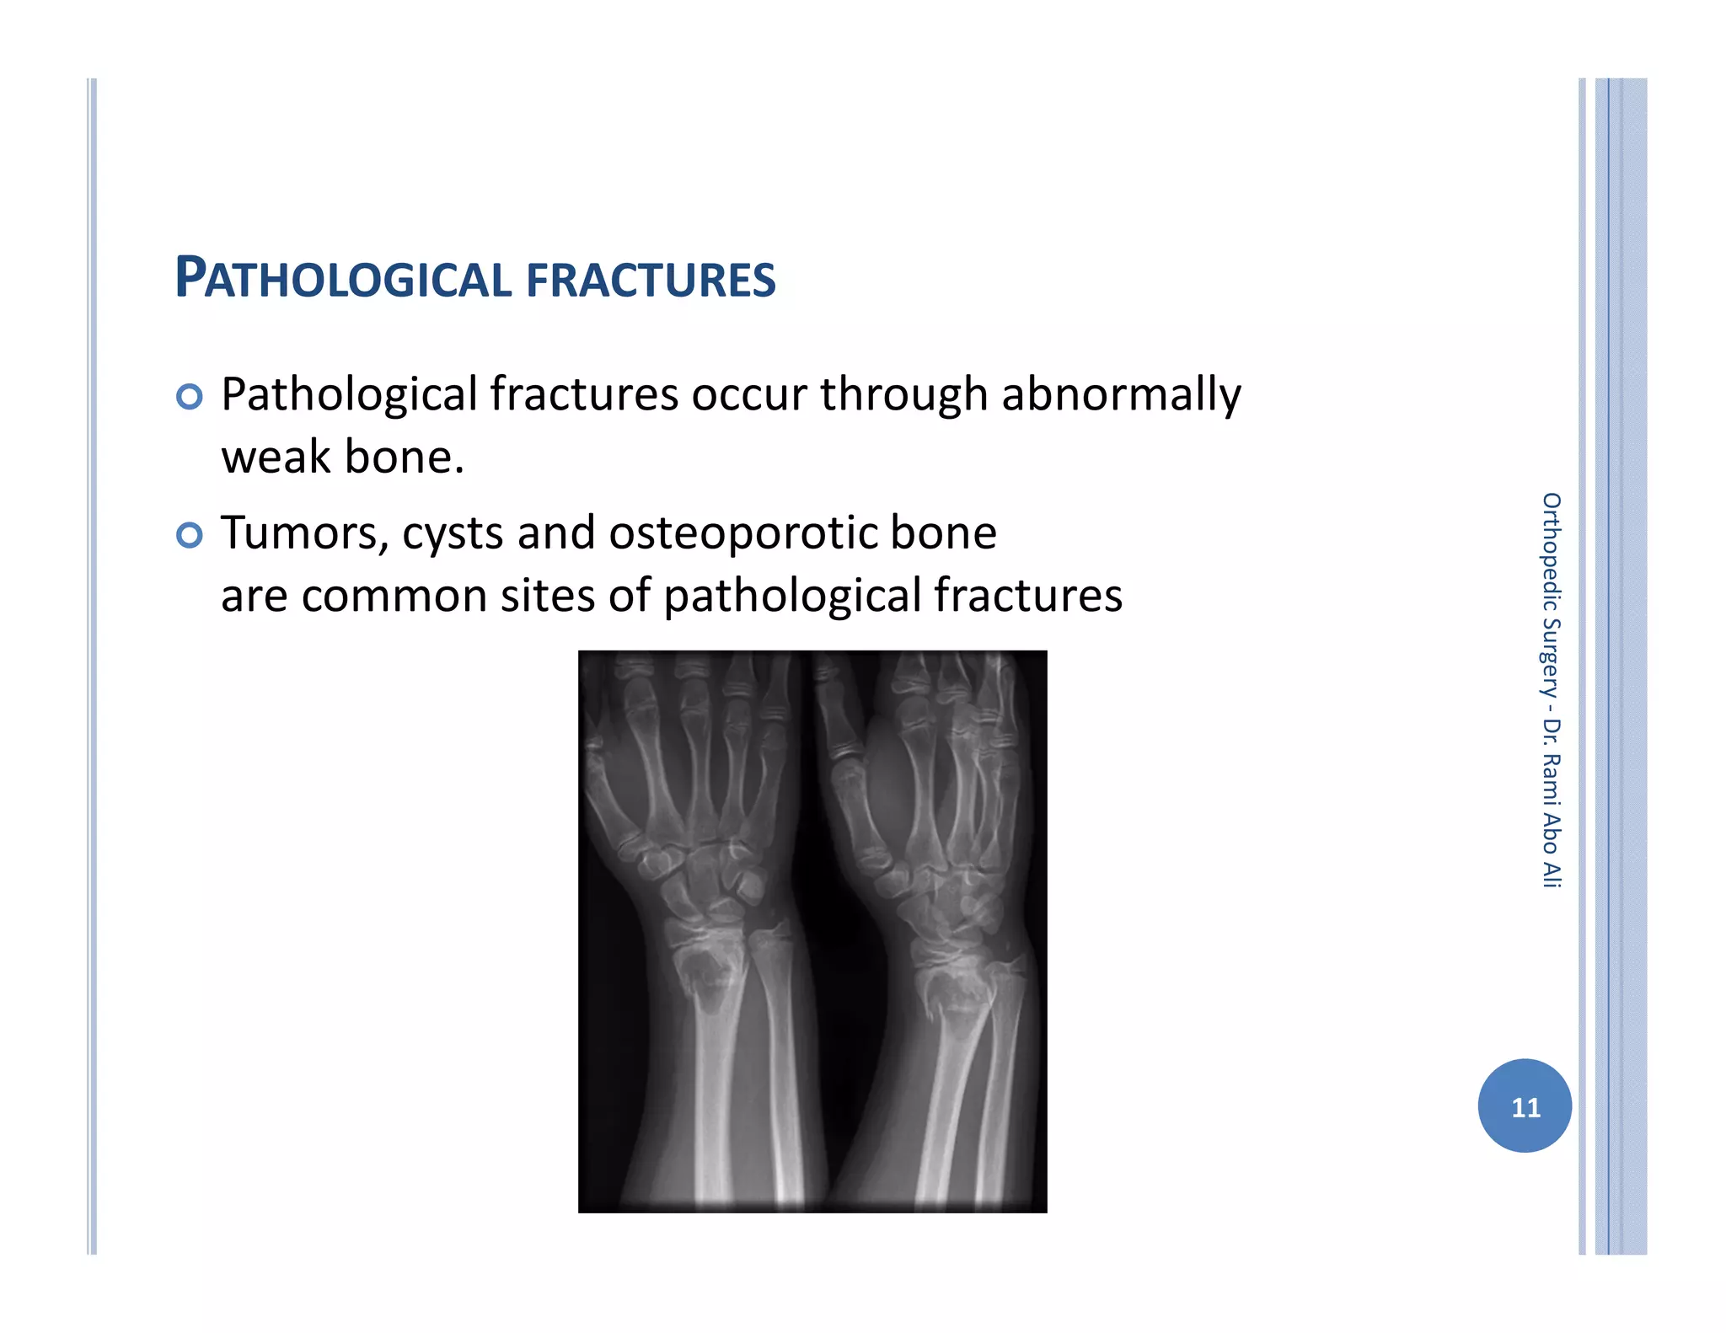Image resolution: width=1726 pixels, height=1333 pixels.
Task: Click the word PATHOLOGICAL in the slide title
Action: pyautogui.click(x=343, y=279)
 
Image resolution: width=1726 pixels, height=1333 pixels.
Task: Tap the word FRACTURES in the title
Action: pyautogui.click(x=651, y=281)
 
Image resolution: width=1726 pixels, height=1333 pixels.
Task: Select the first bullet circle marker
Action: pyautogui.click(x=190, y=396)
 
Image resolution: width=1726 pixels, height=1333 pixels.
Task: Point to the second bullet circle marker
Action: pyautogui.click(x=190, y=535)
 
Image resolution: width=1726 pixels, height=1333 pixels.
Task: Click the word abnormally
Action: pyautogui.click(x=1121, y=395)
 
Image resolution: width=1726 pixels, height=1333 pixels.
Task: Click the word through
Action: pyautogui.click(x=903, y=395)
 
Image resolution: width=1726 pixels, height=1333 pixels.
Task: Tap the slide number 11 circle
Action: pyautogui.click(x=1525, y=1105)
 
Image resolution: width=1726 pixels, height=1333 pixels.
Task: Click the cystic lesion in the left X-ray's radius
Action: pyautogui.click(x=706, y=977)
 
